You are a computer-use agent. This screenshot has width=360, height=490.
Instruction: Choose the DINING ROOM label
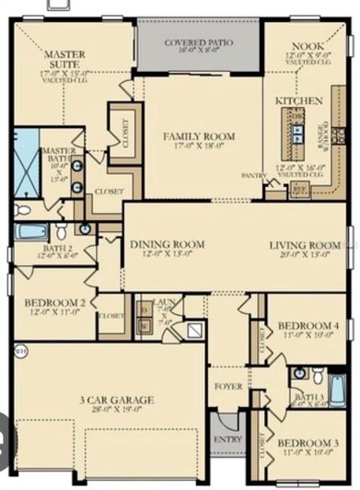[167, 244]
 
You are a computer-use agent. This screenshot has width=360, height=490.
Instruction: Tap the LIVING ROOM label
[304, 245]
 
